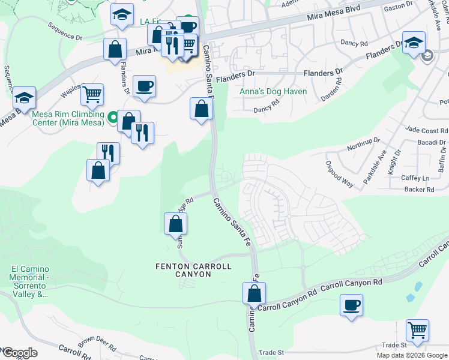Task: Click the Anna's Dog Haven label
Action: tap(273, 92)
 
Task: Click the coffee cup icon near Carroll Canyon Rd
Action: tap(351, 305)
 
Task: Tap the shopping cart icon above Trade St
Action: tap(417, 330)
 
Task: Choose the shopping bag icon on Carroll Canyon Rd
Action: tap(254, 293)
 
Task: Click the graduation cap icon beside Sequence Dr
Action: tap(24, 97)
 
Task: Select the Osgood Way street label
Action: tap(339, 171)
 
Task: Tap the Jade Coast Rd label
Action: tap(426, 130)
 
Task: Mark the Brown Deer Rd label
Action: tap(97, 343)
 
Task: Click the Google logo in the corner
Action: tap(19, 353)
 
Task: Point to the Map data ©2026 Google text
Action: tap(412, 355)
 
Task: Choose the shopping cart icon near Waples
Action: tap(92, 94)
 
